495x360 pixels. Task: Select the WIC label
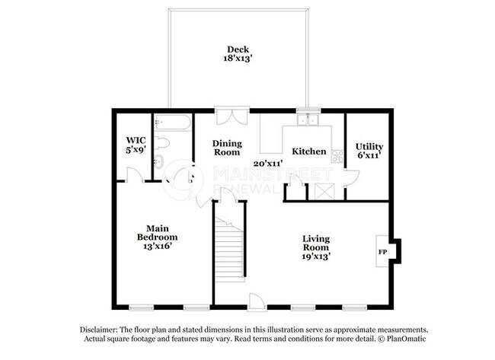[x=136, y=141]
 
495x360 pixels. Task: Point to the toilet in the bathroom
[x=162, y=142]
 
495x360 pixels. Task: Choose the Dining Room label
[x=227, y=147]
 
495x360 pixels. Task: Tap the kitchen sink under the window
[x=308, y=119]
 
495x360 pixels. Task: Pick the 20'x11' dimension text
[x=268, y=163]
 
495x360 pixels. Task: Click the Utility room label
[x=369, y=146]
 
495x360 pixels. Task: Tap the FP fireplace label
[x=382, y=252]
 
